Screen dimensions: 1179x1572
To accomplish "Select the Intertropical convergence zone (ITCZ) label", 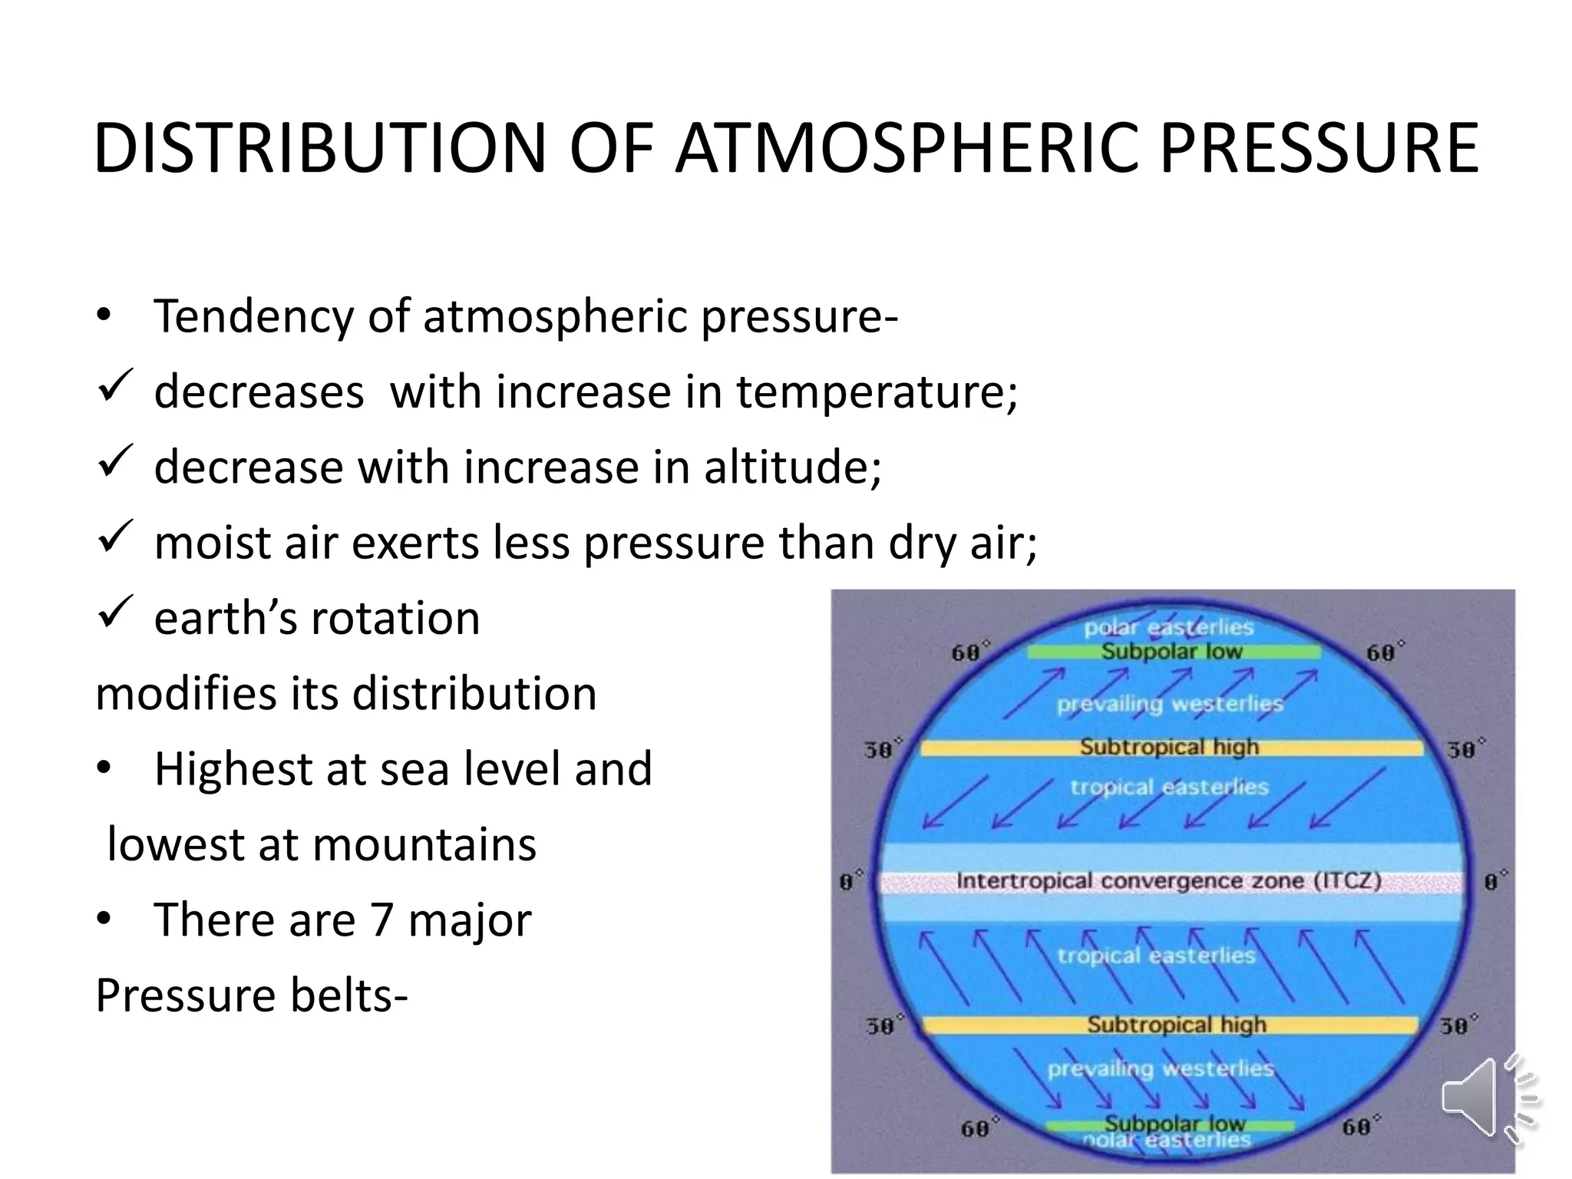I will coord(1168,881).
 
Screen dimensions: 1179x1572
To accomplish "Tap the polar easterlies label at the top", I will coord(1168,628).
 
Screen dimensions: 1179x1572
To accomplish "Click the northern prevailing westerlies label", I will coord(1169,704).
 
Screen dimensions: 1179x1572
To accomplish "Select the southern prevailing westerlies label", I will coord(1160,1068).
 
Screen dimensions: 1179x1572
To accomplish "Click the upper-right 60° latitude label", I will coord(1384,652).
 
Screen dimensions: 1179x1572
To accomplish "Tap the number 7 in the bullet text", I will coord(381,920).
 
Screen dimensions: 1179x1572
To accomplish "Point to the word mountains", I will coord(424,845).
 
